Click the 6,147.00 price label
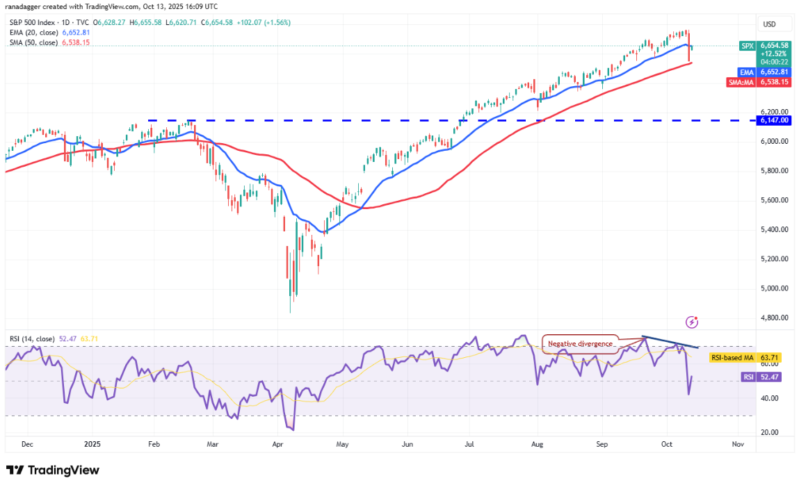pyautogui.click(x=775, y=120)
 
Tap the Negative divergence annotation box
pyautogui.click(x=580, y=343)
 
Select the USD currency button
pyautogui.click(x=769, y=24)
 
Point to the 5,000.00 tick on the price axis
pyautogui.click(x=774, y=288)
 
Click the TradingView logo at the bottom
pyautogui.click(x=53, y=470)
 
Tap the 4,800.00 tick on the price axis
pyautogui.click(x=774, y=318)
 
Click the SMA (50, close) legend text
pyautogui.click(x=33, y=43)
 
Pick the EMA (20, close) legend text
pyautogui.click(x=33, y=33)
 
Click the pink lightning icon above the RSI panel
pyautogui.click(x=692, y=322)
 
